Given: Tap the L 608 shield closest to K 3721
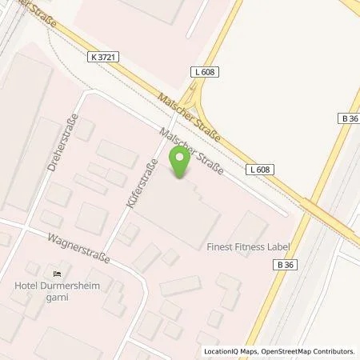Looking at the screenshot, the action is (x=205, y=72).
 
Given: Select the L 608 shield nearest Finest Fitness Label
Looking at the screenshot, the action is (x=258, y=170).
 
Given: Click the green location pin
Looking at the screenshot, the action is (x=180, y=165).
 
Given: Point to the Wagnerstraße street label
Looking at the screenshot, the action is (x=78, y=248).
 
